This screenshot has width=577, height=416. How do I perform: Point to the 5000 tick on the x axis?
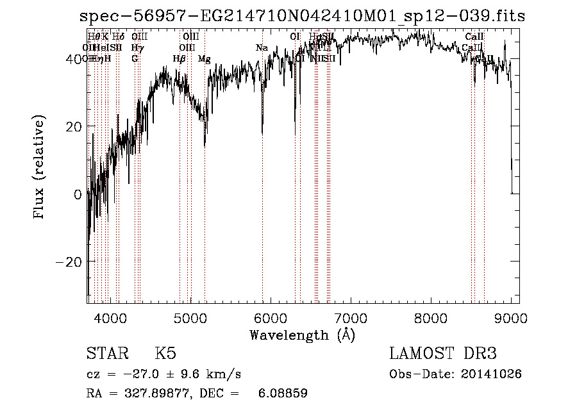click(190, 317)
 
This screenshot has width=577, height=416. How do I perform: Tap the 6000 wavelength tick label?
click(271, 317)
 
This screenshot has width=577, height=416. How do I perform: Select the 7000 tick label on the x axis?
click(351, 317)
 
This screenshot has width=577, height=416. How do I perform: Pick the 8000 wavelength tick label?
click(431, 317)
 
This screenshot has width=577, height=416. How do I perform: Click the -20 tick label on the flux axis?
click(69, 262)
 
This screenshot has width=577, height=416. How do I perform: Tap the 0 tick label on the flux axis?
click(78, 194)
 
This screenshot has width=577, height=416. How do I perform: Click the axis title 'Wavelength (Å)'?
click(302, 335)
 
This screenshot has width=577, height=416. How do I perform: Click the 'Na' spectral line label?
click(261, 48)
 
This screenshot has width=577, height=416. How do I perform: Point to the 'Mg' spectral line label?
click(204, 59)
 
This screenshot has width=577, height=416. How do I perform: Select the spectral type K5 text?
click(165, 354)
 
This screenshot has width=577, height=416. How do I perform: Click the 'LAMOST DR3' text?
click(443, 354)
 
